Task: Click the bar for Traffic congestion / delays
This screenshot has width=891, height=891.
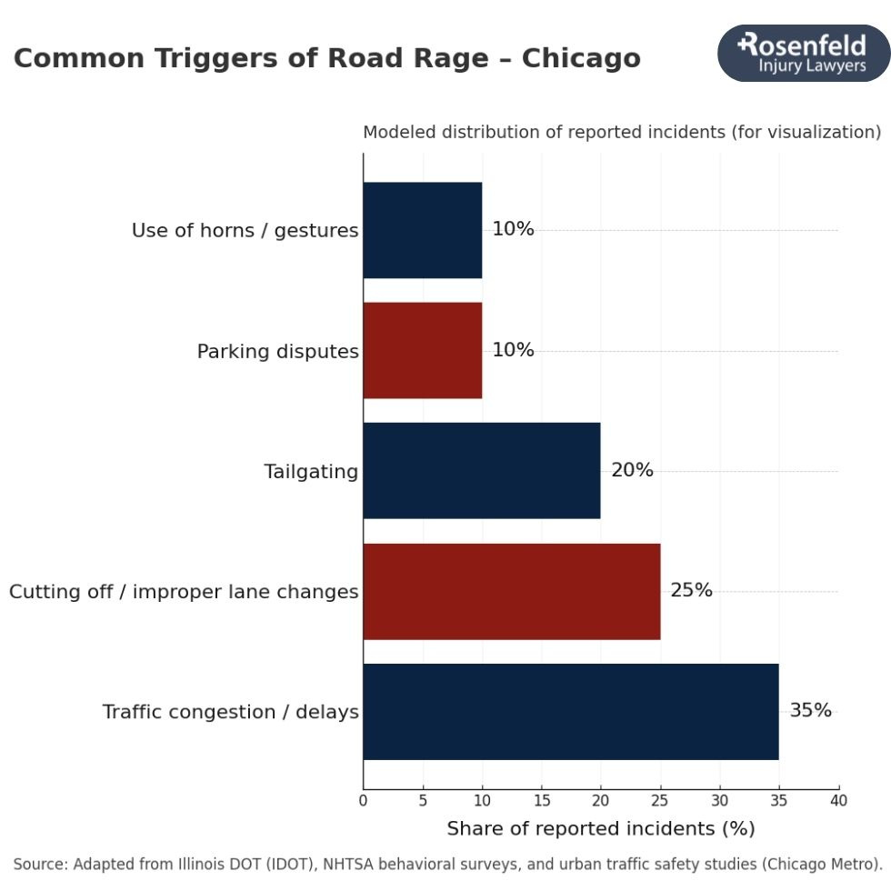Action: coord(570,712)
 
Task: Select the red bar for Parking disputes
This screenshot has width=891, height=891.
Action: coord(423,350)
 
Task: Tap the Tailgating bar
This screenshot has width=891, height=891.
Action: coord(482,470)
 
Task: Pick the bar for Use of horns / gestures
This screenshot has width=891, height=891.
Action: coord(423,230)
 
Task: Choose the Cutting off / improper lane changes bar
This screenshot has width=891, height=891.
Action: coord(511,591)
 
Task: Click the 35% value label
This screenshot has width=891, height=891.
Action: coord(810,710)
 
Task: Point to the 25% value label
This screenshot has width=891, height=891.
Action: coord(691,590)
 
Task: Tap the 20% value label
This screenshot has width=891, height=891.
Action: coord(632,470)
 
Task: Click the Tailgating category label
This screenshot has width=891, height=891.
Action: coord(311,472)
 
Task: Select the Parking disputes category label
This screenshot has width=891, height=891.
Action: coord(277,352)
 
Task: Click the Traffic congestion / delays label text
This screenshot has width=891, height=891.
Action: coord(230,712)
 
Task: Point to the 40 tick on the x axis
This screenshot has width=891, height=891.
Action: coord(838,801)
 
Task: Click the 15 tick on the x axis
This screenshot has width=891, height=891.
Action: coord(541,801)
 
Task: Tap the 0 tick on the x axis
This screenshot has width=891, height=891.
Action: coord(363,801)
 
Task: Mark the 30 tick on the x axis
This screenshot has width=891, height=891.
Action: coord(719,801)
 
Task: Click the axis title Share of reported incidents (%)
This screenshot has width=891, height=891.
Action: coord(600,829)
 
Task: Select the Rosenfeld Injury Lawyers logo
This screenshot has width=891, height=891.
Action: coord(803,54)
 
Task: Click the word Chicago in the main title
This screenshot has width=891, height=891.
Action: coord(581,58)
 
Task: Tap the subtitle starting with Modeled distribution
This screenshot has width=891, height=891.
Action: coord(622,133)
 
